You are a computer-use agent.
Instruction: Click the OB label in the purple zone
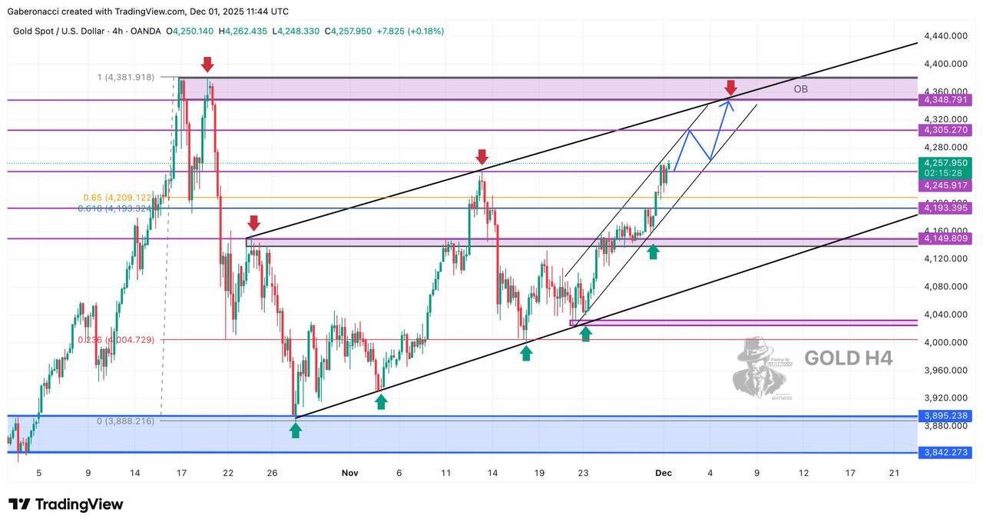point(800,89)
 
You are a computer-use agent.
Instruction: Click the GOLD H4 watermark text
point(848,358)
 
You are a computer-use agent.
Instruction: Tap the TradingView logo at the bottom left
point(66,504)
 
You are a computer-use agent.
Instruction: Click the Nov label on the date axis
point(350,473)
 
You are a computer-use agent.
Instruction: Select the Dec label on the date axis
point(664,473)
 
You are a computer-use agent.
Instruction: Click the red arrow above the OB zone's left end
point(207,65)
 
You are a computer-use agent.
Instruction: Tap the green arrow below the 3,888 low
point(296,430)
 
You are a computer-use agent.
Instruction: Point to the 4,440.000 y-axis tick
point(945,36)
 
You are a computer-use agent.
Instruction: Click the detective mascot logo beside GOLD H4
point(763,368)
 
